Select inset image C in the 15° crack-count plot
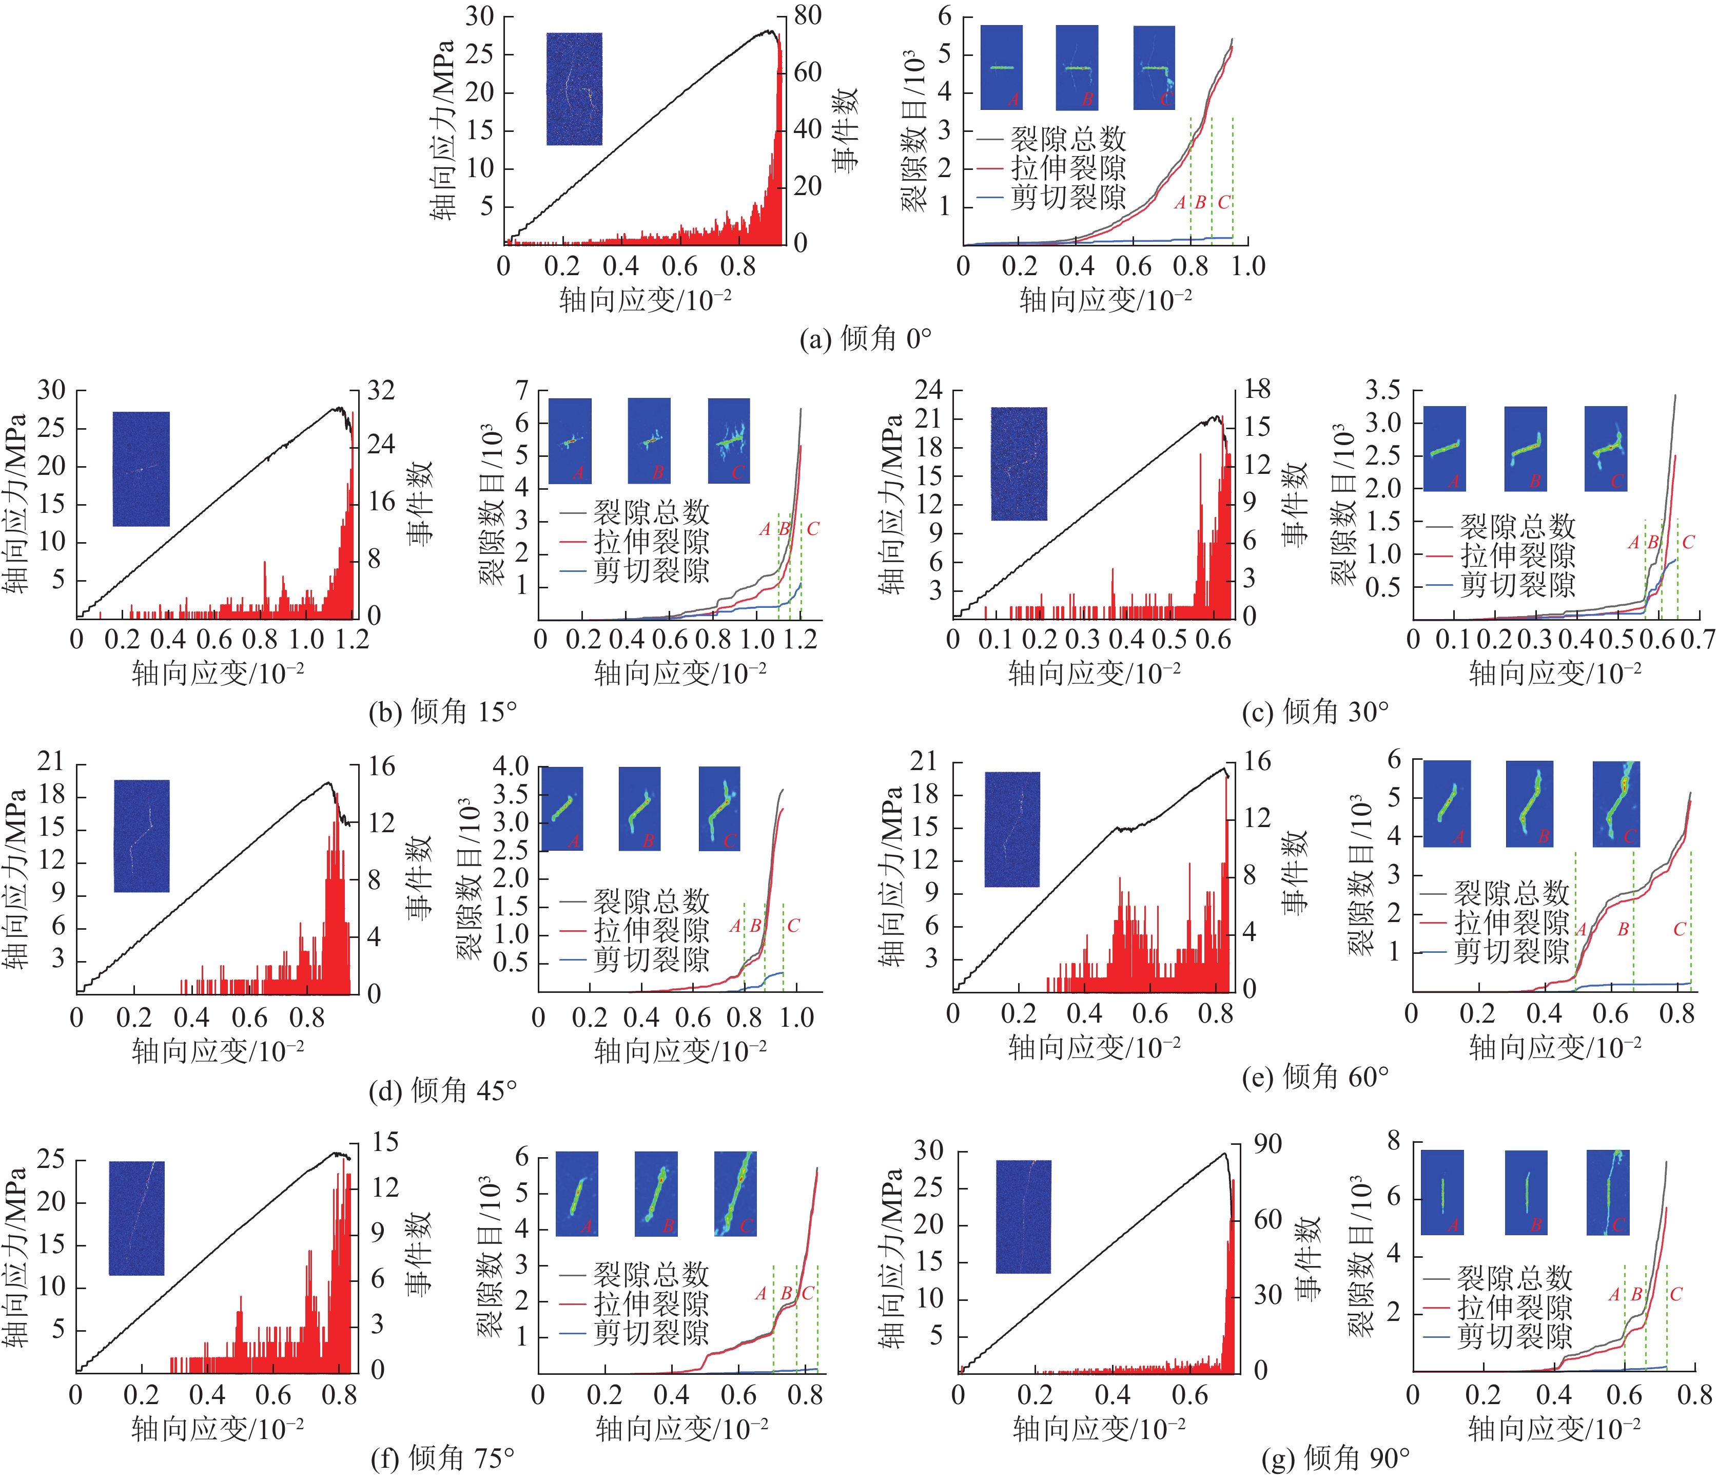point(728,440)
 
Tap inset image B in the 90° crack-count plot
point(1526,1192)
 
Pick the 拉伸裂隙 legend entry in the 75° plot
point(651,1304)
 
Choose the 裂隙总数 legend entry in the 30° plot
point(1516,526)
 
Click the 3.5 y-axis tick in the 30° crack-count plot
point(1382,390)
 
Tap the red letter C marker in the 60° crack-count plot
point(1679,929)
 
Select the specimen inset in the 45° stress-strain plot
point(142,835)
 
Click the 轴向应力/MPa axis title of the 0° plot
point(443,128)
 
